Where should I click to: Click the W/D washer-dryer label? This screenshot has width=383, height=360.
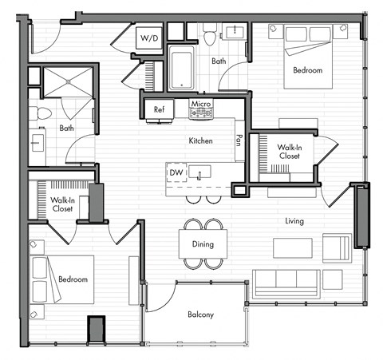click(x=149, y=38)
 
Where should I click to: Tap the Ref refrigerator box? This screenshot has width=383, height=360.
click(x=159, y=109)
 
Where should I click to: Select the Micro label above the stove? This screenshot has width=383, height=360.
click(x=199, y=104)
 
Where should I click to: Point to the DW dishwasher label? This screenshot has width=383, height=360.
click(x=176, y=172)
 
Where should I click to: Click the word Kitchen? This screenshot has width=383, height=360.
click(x=200, y=140)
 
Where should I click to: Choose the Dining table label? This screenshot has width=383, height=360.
click(x=203, y=243)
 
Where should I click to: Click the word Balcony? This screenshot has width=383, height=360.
click(x=201, y=315)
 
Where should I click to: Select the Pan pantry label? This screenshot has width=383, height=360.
click(x=239, y=140)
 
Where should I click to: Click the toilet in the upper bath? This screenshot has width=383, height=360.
click(x=210, y=36)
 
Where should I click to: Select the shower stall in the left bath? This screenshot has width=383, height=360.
click(x=67, y=81)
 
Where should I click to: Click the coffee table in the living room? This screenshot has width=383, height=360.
click(x=292, y=248)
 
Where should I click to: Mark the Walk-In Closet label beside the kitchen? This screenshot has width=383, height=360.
click(x=289, y=152)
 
